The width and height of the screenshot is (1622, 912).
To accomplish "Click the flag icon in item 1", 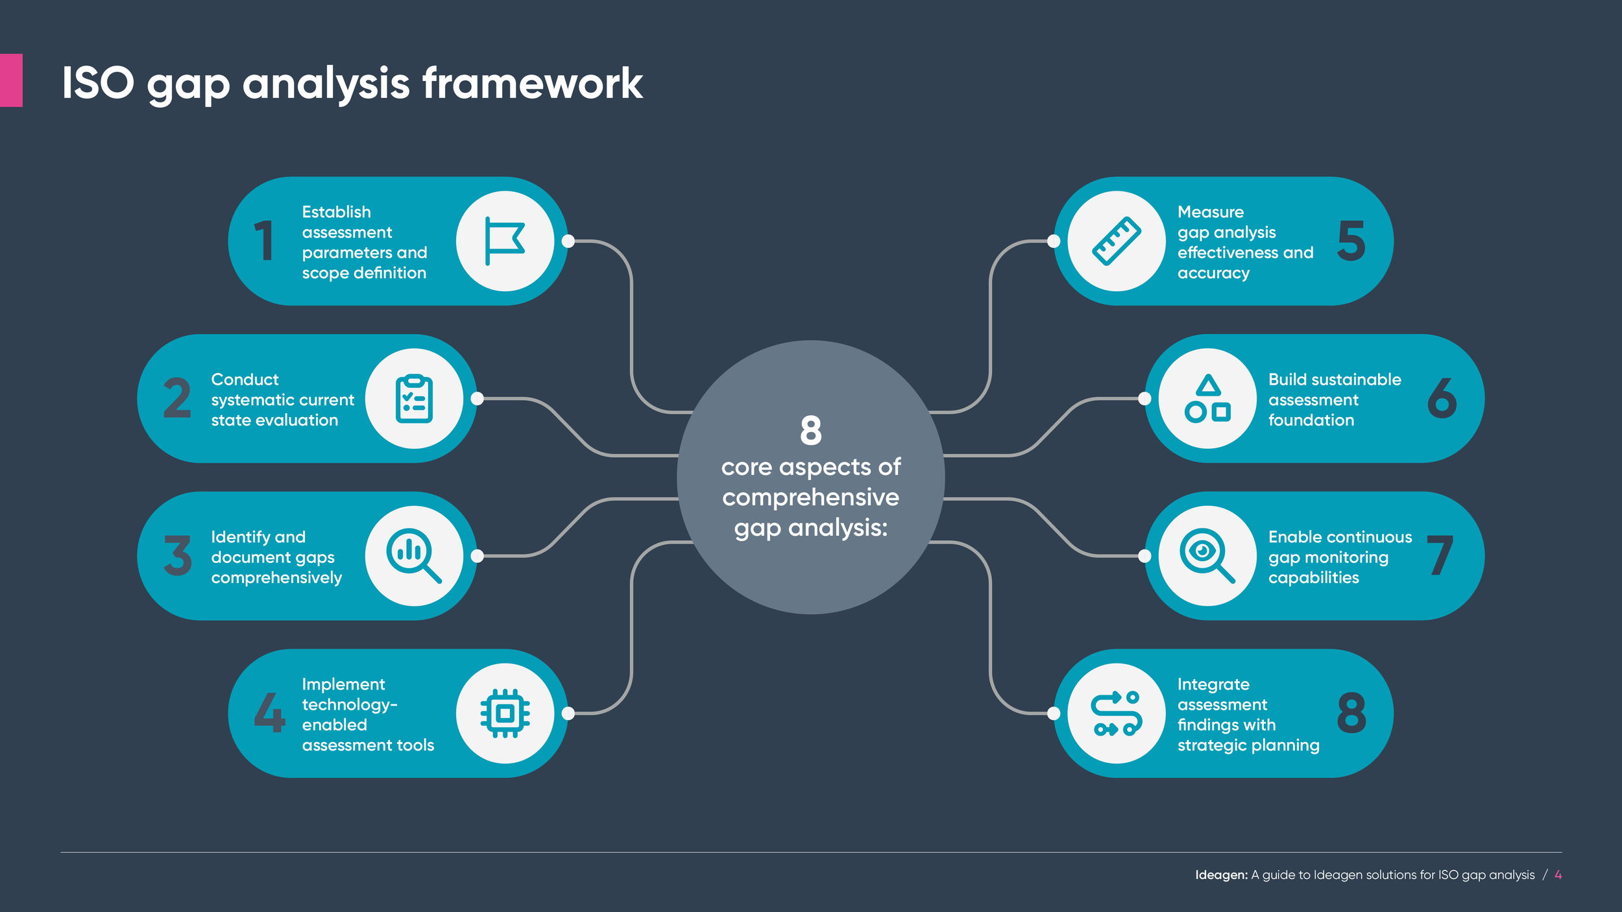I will point(505,241).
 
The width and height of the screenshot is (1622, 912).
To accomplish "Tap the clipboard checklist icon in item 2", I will point(414,398).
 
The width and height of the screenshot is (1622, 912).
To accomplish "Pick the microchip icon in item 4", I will point(505,714).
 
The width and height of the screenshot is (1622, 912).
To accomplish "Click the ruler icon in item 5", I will point(1117,241).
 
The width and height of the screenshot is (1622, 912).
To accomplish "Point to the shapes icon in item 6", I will point(1207,398).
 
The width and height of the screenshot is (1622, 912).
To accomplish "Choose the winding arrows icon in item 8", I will point(1117,714).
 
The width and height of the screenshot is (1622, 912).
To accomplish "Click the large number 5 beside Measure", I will point(1351,241).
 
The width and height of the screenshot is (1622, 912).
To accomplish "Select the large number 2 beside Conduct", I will point(177,398).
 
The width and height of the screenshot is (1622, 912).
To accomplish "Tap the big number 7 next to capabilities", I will point(1440,556).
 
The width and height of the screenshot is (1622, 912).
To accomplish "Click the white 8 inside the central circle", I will point(811,431).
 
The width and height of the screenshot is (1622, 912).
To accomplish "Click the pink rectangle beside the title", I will point(11,80).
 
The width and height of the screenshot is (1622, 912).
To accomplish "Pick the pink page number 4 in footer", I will point(1558,875).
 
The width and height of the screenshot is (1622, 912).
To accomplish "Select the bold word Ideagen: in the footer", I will point(1221,875).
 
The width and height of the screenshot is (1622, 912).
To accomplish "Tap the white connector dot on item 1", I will point(568,241).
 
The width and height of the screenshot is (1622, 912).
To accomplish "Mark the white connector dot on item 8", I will point(1054,714).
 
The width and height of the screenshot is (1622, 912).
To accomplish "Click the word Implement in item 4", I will point(343,684).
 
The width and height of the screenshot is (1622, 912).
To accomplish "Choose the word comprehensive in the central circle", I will point(811,498).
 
